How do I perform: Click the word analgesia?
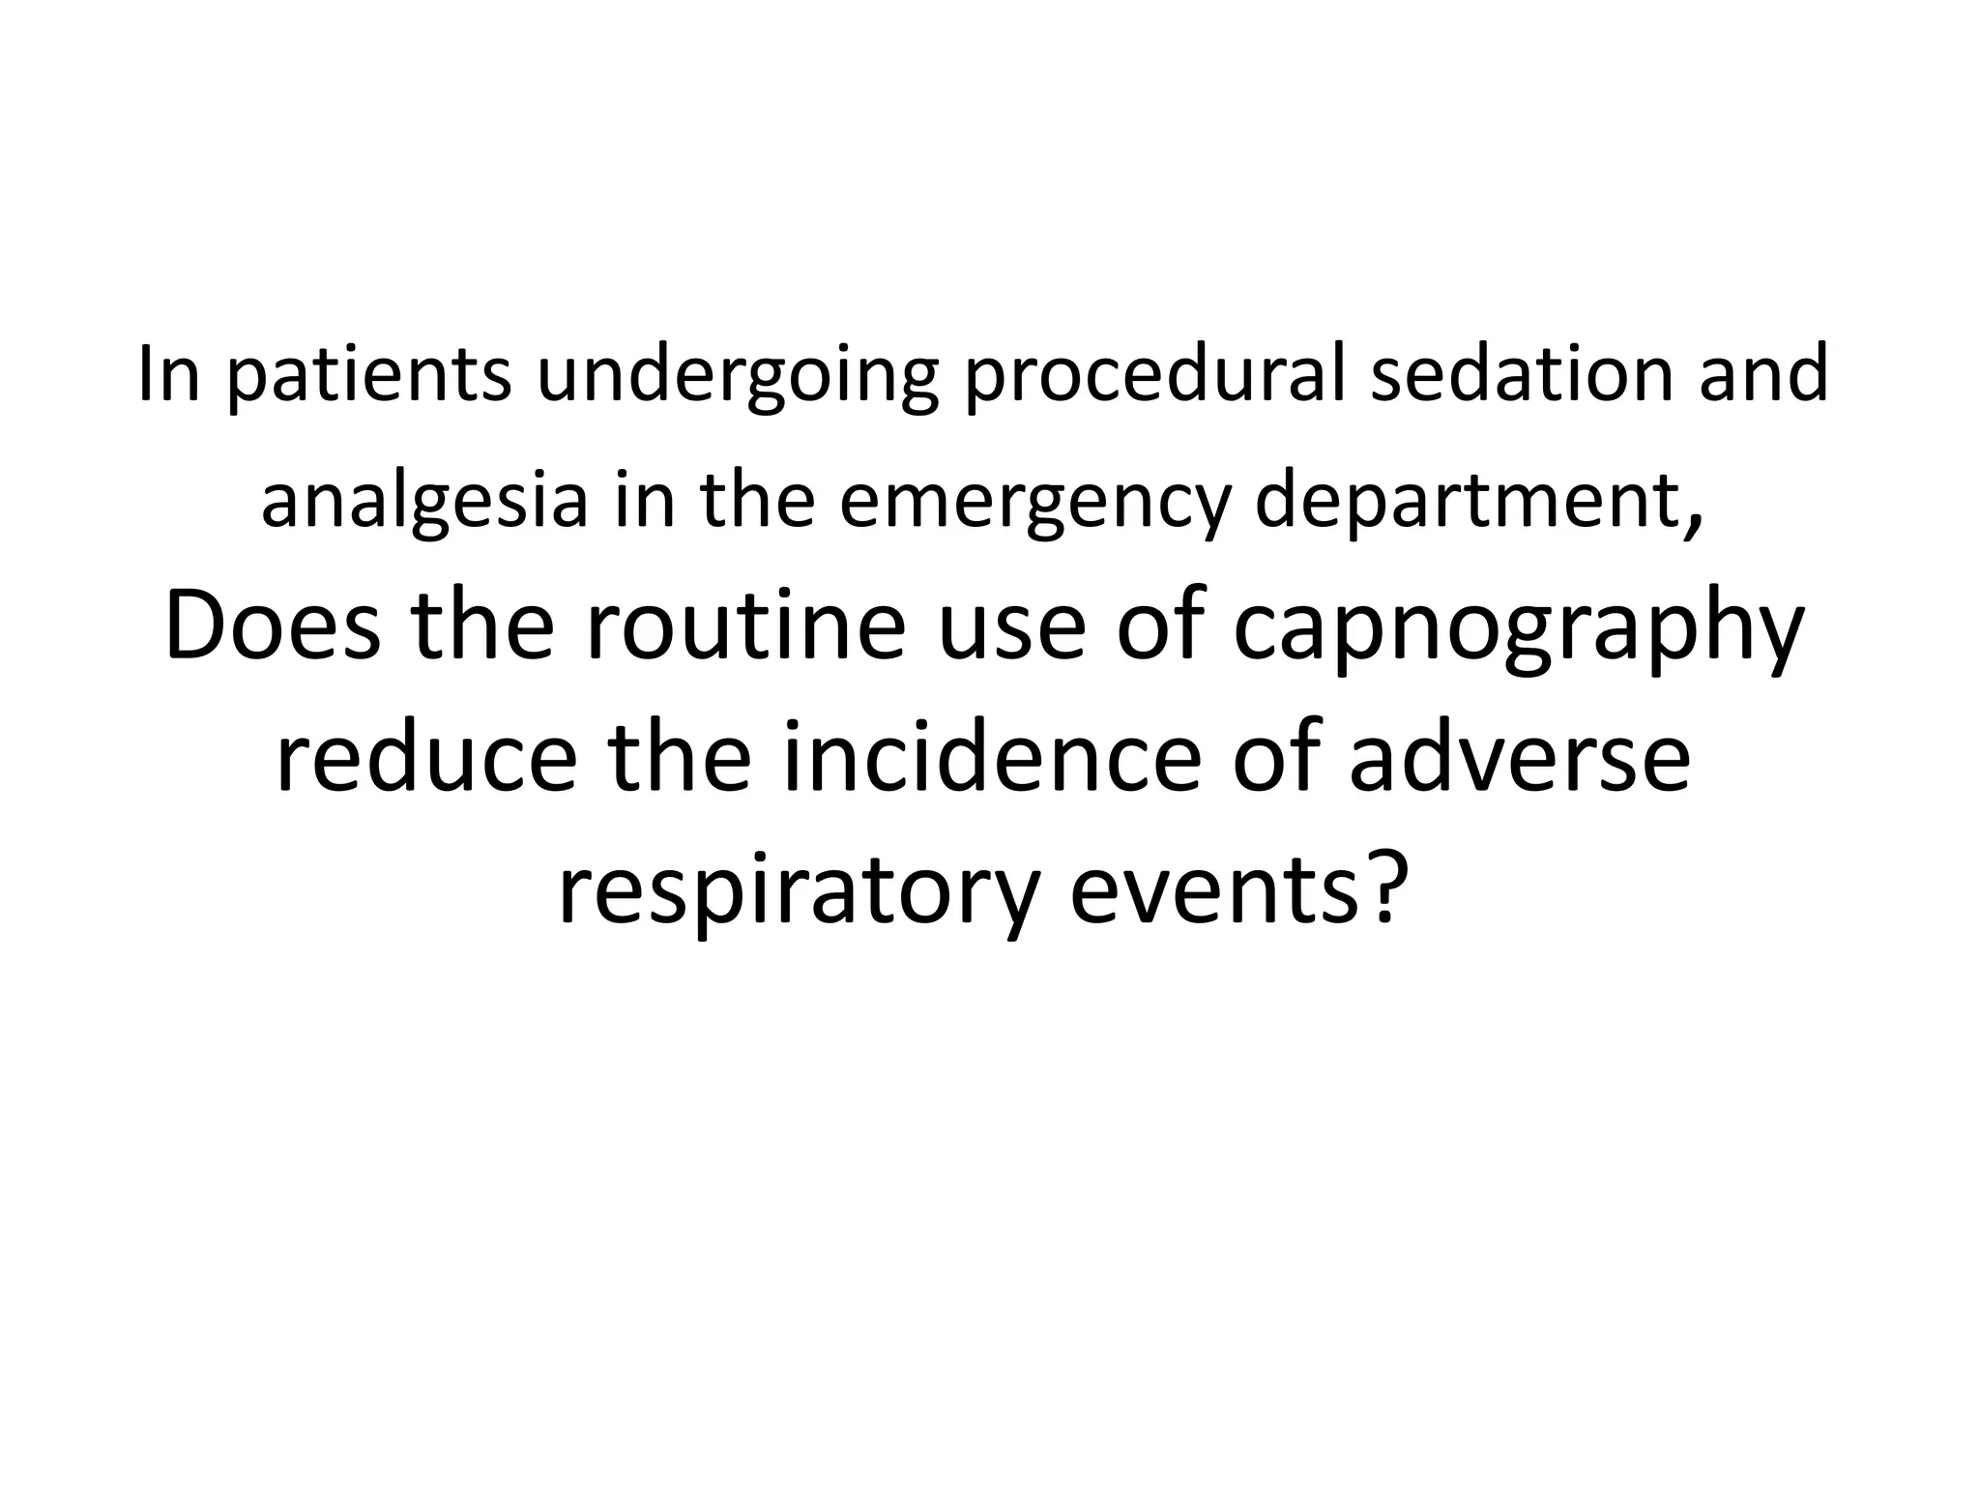[x=424, y=503]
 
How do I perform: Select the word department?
[x=1467, y=503]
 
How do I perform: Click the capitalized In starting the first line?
[x=169, y=374]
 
